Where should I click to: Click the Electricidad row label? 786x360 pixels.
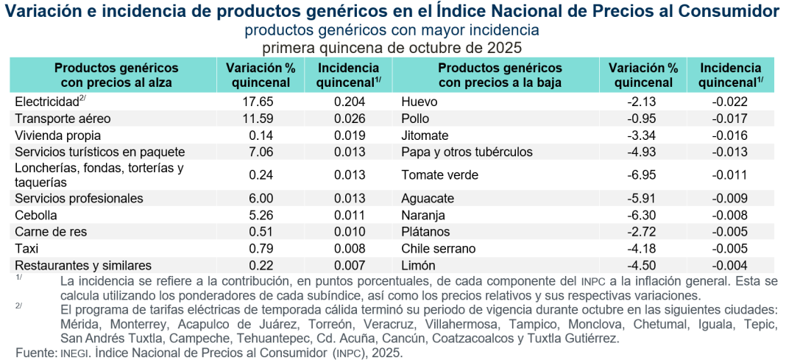pyautogui.click(x=46, y=102)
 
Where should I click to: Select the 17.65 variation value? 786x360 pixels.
pyautogui.click(x=258, y=102)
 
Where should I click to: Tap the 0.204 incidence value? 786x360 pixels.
pyautogui.click(x=349, y=102)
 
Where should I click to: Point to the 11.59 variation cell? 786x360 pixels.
pyautogui.click(x=258, y=119)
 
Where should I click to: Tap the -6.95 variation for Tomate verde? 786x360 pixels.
pyautogui.click(x=640, y=174)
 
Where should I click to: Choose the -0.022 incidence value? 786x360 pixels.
pyautogui.click(x=730, y=102)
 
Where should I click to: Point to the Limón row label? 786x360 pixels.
pyautogui.click(x=418, y=265)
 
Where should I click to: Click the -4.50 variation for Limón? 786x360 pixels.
pyautogui.click(x=640, y=265)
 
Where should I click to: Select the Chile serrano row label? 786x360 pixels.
pyautogui.click(x=439, y=248)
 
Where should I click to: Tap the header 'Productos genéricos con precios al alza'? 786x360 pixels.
pyautogui.click(x=116, y=75)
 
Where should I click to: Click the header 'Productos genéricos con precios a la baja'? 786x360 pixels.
pyautogui.click(x=500, y=75)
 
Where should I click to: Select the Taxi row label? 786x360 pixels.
pyautogui.click(x=26, y=248)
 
